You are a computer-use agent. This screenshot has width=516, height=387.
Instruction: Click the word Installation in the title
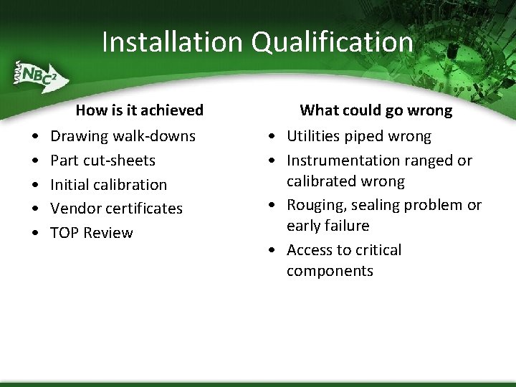pyautogui.click(x=173, y=42)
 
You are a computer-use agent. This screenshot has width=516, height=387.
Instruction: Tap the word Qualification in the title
pyautogui.click(x=332, y=42)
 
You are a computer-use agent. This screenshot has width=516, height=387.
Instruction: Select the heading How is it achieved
pyautogui.click(x=140, y=110)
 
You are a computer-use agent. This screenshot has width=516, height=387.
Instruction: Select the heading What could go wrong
pyautogui.click(x=376, y=110)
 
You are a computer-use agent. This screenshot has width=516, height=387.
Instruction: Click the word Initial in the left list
pyautogui.click(x=69, y=184)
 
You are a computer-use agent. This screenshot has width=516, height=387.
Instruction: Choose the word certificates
pyautogui.click(x=143, y=209)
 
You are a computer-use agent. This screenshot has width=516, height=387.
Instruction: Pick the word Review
pyautogui.click(x=108, y=233)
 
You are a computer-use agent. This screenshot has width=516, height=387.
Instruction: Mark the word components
pyautogui.click(x=330, y=271)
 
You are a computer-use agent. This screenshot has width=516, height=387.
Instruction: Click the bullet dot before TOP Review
pyautogui.click(x=34, y=234)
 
